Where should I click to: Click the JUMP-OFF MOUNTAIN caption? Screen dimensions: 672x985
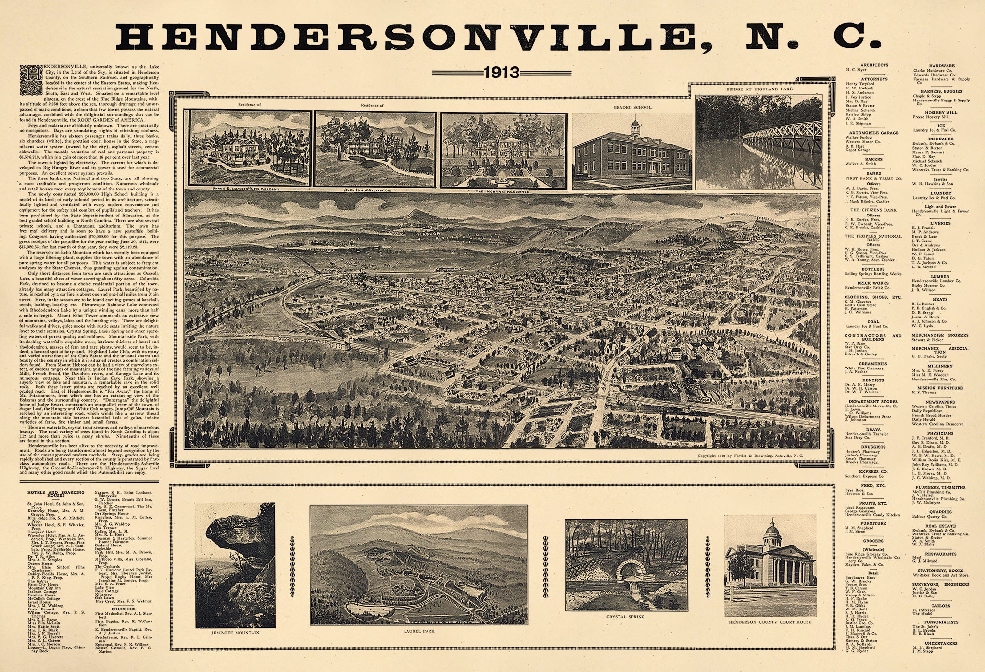click(x=236, y=633)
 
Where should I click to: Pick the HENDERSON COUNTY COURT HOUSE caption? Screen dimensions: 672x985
click(x=770, y=622)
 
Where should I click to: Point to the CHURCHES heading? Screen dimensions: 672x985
click(x=122, y=609)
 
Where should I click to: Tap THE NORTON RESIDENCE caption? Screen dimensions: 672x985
click(x=502, y=191)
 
